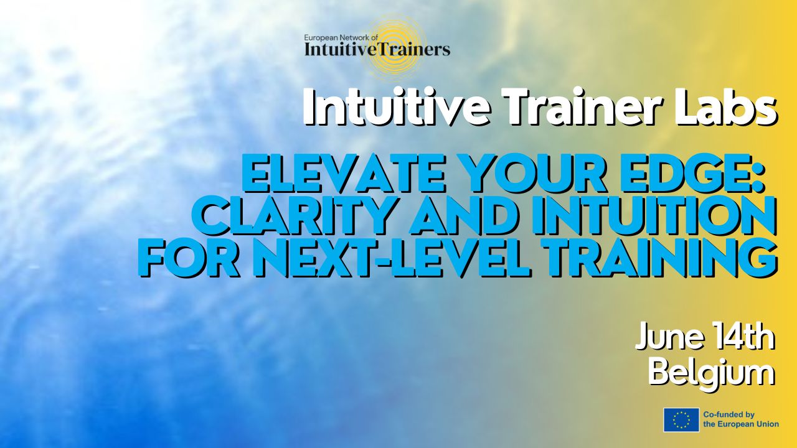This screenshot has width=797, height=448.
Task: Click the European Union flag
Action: pos(681,419)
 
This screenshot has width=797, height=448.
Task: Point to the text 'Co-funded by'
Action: pos(729,414)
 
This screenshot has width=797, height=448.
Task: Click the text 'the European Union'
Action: pos(741,424)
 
